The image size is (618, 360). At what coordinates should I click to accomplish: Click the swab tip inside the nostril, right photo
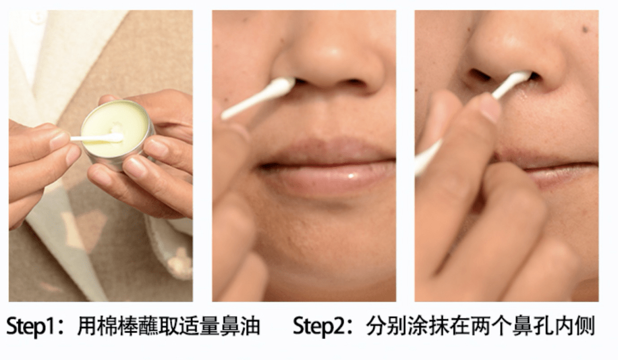[x=520, y=78]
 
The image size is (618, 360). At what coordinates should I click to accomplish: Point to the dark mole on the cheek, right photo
[x=585, y=29]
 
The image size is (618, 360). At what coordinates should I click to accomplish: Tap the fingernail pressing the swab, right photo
[x=491, y=107]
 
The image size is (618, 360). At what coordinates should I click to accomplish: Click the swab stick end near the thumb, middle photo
[x=224, y=115]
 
